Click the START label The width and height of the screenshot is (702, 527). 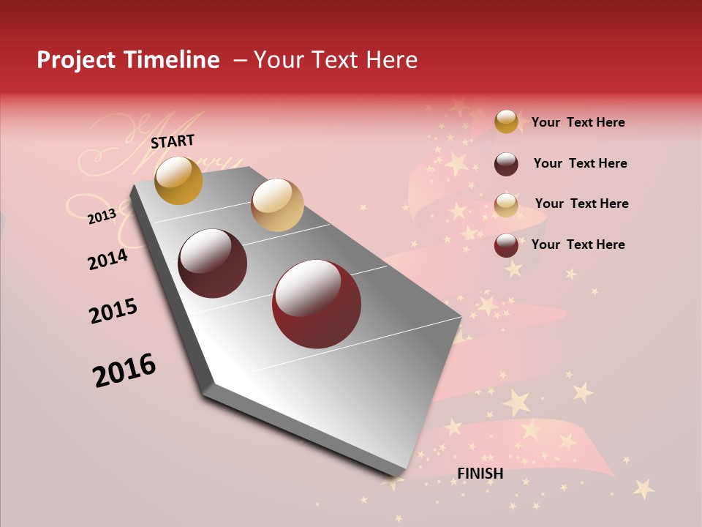173,141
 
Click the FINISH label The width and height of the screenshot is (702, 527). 480,474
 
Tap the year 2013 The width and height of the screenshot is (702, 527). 102,217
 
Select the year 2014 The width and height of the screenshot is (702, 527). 107,260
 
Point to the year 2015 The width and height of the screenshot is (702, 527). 113,311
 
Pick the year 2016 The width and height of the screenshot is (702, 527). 124,370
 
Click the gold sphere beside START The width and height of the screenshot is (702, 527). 178,180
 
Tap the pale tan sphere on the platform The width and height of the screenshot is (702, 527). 277,204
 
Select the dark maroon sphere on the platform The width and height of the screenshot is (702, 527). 213,263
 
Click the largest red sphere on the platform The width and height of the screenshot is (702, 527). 317,303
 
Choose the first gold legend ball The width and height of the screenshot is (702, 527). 506,122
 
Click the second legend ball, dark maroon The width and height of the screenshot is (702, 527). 506,164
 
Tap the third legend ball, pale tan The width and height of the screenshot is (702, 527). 506,205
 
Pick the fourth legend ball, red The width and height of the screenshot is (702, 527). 506,245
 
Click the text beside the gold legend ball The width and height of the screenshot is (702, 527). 578,123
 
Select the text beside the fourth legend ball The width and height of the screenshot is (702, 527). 578,244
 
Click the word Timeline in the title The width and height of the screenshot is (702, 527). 173,60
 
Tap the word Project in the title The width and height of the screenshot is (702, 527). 76,60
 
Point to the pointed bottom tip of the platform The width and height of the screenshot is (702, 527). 392,480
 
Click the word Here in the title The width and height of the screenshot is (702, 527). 391,60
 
